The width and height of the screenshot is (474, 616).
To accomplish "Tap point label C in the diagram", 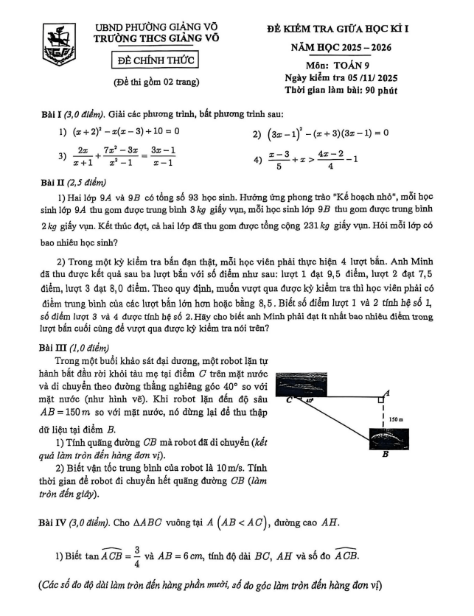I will (x=289, y=401).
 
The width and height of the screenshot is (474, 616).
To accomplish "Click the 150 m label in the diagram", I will (x=396, y=419).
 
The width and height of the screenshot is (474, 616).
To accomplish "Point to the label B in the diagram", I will (x=384, y=454).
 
